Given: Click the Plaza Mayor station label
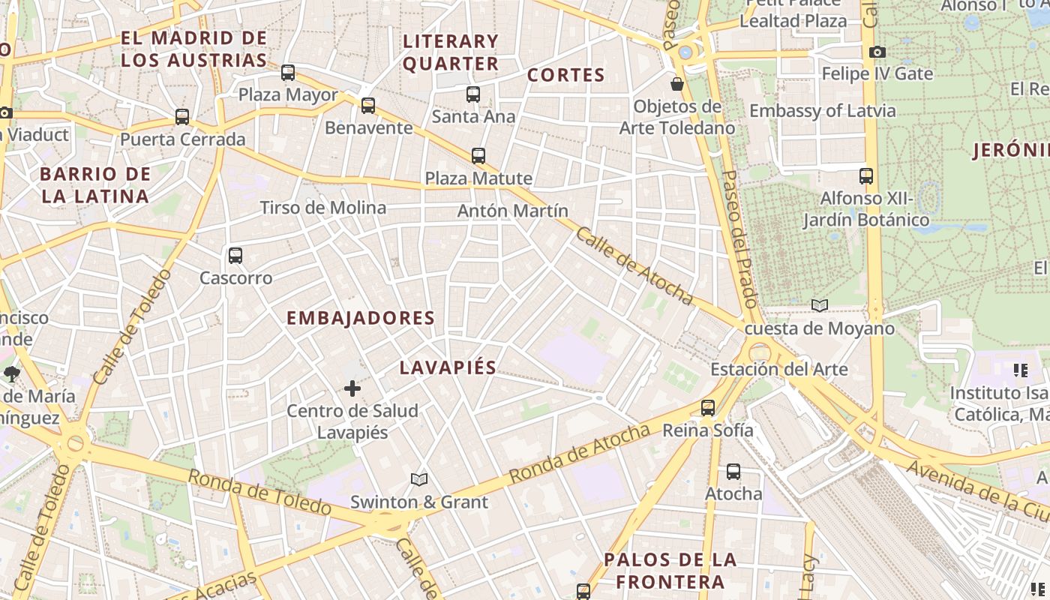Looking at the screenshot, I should pyautogui.click(x=288, y=95).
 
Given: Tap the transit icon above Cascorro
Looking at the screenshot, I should pyautogui.click(x=235, y=256).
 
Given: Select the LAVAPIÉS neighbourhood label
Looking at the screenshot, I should pyautogui.click(x=448, y=367).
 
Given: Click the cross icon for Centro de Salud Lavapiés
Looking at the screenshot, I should pyautogui.click(x=352, y=388).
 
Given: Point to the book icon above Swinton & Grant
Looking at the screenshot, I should pyautogui.click(x=419, y=479).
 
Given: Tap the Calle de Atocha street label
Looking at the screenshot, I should pyautogui.click(x=634, y=265).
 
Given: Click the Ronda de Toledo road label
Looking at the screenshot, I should pyautogui.click(x=259, y=492).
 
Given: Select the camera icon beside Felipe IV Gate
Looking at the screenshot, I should pyautogui.click(x=877, y=52).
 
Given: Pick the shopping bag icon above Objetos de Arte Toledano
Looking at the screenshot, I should pyautogui.click(x=677, y=84).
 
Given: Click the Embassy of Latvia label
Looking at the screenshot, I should pyautogui.click(x=822, y=111).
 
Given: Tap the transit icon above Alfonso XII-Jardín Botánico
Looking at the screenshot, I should pyautogui.click(x=866, y=176).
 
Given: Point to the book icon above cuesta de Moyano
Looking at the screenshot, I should pyautogui.click(x=820, y=305).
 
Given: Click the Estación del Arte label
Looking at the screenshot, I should pyautogui.click(x=778, y=369).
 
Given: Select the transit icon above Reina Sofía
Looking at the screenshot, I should pyautogui.click(x=708, y=408).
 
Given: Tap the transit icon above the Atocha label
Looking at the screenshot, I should pyautogui.click(x=733, y=472).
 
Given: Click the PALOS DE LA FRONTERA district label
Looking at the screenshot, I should pyautogui.click(x=670, y=571).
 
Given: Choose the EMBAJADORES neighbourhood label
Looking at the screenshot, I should pyautogui.click(x=360, y=318).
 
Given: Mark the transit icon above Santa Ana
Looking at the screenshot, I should pyautogui.click(x=473, y=94).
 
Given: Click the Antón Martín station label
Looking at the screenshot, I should pyautogui.click(x=512, y=211).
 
